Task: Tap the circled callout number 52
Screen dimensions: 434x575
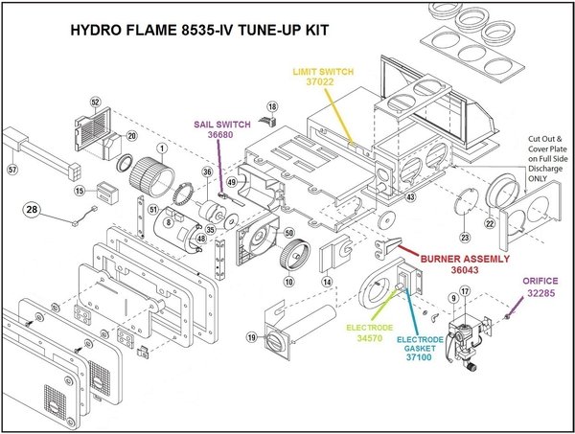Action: pyautogui.click(x=96, y=103)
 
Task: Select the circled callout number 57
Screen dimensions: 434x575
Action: pyautogui.click(x=12, y=170)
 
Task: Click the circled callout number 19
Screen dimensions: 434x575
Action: pyautogui.click(x=251, y=338)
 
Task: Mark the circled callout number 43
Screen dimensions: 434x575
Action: pyautogui.click(x=409, y=196)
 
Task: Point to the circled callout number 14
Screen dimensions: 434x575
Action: pyautogui.click(x=326, y=282)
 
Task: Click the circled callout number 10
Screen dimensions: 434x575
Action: pyautogui.click(x=288, y=282)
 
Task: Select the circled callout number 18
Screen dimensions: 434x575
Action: pyautogui.click(x=272, y=105)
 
